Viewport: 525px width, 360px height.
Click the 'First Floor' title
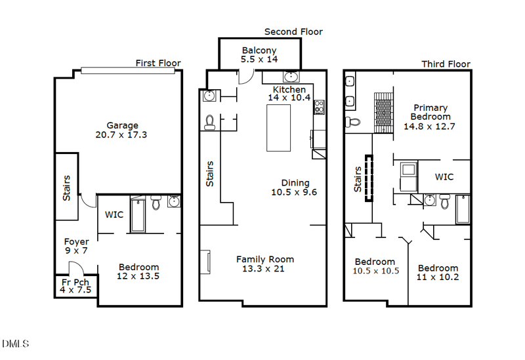[158, 64]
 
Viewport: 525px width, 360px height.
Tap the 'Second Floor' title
[293, 31]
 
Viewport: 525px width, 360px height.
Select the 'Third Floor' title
[446, 64]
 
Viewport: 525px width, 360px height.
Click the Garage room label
[123, 125]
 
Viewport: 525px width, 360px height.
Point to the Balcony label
[259, 50]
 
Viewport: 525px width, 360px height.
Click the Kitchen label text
[289, 90]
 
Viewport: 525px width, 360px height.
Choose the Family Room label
[265, 259]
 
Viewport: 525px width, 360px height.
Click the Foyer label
[76, 242]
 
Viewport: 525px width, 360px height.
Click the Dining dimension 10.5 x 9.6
[294, 192]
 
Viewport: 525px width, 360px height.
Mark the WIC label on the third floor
[444, 177]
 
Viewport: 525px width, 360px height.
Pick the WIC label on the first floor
[114, 214]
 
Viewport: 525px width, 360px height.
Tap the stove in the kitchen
[320, 107]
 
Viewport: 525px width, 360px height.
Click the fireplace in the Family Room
[205, 260]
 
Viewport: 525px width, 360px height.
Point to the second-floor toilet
[210, 122]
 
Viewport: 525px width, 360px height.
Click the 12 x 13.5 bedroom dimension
[138, 276]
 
